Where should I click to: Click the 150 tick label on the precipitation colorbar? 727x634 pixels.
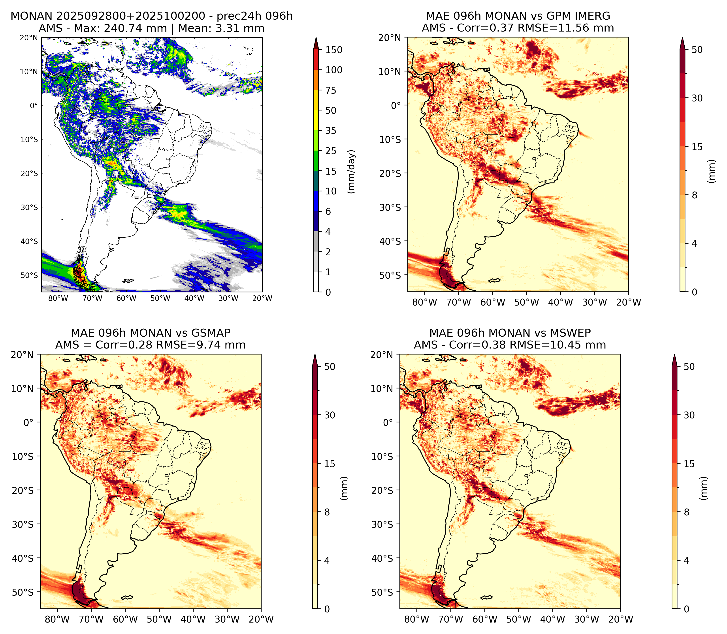point(334,50)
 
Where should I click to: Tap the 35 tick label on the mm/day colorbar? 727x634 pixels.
point(331,131)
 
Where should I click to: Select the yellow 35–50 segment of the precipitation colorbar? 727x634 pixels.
point(316,121)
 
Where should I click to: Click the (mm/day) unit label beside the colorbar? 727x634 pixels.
point(351,172)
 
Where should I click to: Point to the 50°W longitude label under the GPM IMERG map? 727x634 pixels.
point(527,302)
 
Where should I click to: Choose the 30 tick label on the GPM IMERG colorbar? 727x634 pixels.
point(697,98)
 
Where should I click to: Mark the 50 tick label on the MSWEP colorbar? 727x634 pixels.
point(689,367)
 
